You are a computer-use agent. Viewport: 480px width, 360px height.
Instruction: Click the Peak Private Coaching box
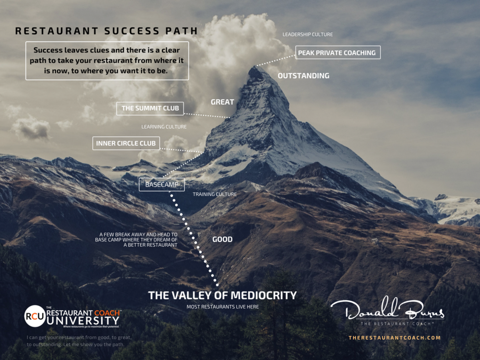[337, 53]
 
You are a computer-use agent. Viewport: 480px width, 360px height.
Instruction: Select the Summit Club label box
[150, 108]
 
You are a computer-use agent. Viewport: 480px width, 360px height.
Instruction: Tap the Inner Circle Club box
[126, 144]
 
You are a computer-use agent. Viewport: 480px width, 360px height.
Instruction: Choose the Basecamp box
[155, 184]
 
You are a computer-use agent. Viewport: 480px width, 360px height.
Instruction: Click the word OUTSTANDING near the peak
[303, 76]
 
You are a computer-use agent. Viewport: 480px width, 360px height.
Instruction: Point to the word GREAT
[222, 102]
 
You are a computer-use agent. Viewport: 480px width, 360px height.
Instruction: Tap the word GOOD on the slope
[222, 240]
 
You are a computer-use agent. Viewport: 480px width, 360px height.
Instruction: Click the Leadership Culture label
[307, 35]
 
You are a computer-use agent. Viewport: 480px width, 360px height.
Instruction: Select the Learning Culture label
[164, 127]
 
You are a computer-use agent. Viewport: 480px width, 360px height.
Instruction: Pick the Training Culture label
[215, 194]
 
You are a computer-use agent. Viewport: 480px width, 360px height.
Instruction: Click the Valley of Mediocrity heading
[222, 295]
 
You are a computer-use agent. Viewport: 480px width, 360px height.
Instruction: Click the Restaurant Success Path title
[107, 31]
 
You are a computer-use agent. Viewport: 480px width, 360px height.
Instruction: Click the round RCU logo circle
[35, 316]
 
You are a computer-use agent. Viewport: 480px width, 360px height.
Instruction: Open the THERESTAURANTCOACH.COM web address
[395, 338]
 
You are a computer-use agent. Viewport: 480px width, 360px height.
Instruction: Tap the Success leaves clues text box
[107, 60]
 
